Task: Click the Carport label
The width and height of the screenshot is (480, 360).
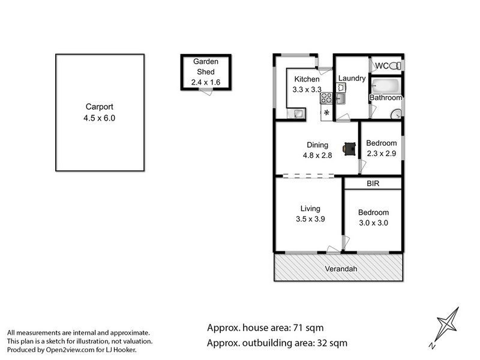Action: click(x=99, y=107)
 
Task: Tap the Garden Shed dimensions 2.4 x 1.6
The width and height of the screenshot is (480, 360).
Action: click(x=206, y=82)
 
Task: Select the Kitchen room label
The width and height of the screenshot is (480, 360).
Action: click(x=307, y=79)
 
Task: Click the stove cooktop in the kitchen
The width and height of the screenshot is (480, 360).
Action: click(x=326, y=98)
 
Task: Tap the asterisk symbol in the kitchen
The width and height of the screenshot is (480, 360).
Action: click(x=326, y=113)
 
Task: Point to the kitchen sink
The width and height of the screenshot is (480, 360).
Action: click(x=296, y=113)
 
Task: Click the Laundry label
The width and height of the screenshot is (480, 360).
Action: click(x=352, y=79)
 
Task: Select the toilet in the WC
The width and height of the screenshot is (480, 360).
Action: click(x=395, y=65)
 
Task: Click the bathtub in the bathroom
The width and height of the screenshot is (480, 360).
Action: click(x=385, y=86)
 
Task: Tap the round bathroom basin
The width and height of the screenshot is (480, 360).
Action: click(x=396, y=114)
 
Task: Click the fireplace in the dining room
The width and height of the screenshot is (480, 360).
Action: click(x=350, y=149)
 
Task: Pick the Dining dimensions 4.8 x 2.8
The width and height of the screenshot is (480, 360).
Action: click(x=317, y=155)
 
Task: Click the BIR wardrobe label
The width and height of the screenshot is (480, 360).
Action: click(x=373, y=184)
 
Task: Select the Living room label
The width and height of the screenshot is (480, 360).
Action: click(x=310, y=209)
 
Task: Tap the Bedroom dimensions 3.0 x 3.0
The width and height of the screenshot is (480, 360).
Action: click(x=373, y=223)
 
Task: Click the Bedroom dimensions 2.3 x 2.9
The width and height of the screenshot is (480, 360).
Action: click(x=382, y=154)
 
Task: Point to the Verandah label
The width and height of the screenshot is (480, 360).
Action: click(x=341, y=269)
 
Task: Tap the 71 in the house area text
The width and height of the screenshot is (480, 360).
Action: click(x=298, y=328)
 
